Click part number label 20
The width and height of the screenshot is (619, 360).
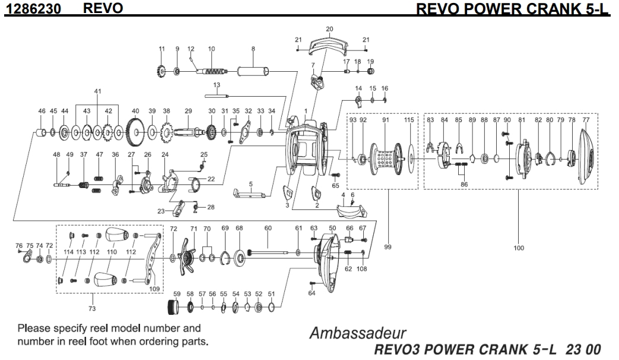pyautogui.click(x=330, y=28)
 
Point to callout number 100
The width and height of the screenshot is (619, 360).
pyautogui.click(x=518, y=249)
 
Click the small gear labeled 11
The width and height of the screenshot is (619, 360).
pyautogui.click(x=161, y=72)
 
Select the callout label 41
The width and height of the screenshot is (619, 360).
pyautogui.click(x=98, y=91)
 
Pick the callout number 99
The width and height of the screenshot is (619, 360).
pyautogui.click(x=387, y=249)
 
